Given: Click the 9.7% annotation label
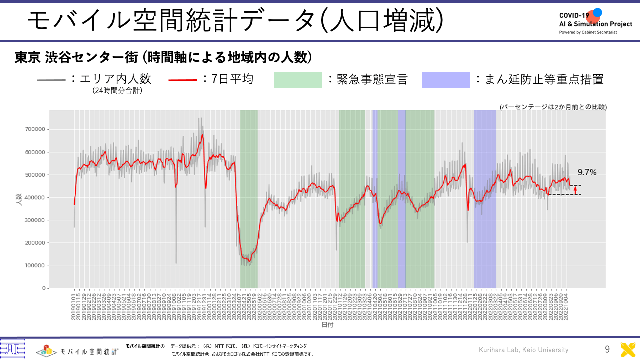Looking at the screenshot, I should (x=587, y=172).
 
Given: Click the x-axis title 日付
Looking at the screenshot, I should (x=327, y=325).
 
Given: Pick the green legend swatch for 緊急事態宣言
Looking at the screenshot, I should (x=298, y=80).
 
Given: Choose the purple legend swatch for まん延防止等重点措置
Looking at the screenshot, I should (x=445, y=80).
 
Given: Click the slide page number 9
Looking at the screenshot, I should (x=607, y=350).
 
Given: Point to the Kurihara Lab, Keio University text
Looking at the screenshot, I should (x=523, y=350).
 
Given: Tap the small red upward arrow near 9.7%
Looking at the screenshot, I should (x=575, y=190).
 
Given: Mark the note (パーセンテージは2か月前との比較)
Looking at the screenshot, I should (x=553, y=107).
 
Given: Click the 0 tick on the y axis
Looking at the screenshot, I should (x=44, y=288).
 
